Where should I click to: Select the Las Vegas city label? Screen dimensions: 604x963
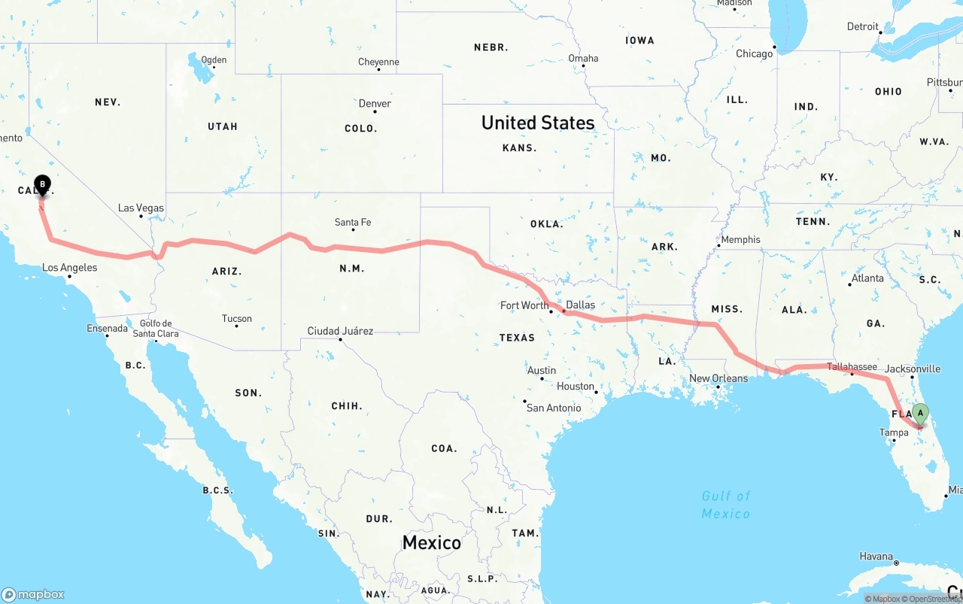click(141, 208)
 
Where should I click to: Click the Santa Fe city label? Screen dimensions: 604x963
click(353, 222)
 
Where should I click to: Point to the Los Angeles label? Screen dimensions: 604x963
click(69, 267)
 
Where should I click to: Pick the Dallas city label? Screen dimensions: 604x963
click(580, 305)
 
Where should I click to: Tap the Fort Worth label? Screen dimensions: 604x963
click(524, 305)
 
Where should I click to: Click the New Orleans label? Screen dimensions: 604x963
click(718, 378)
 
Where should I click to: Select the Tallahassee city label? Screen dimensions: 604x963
click(852, 366)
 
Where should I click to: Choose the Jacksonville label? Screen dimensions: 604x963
click(913, 369)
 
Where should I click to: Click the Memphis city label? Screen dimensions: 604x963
click(740, 240)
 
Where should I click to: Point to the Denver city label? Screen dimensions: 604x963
click(375, 103)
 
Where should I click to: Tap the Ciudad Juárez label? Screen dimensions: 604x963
click(340, 331)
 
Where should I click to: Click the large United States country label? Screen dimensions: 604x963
click(538, 123)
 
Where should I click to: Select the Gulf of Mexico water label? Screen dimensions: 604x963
click(726, 505)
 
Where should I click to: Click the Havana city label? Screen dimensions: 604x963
click(877, 557)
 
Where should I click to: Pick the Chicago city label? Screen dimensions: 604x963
click(754, 53)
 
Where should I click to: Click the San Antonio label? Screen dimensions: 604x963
click(554, 408)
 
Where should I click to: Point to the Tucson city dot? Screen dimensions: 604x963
click(237, 326)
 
